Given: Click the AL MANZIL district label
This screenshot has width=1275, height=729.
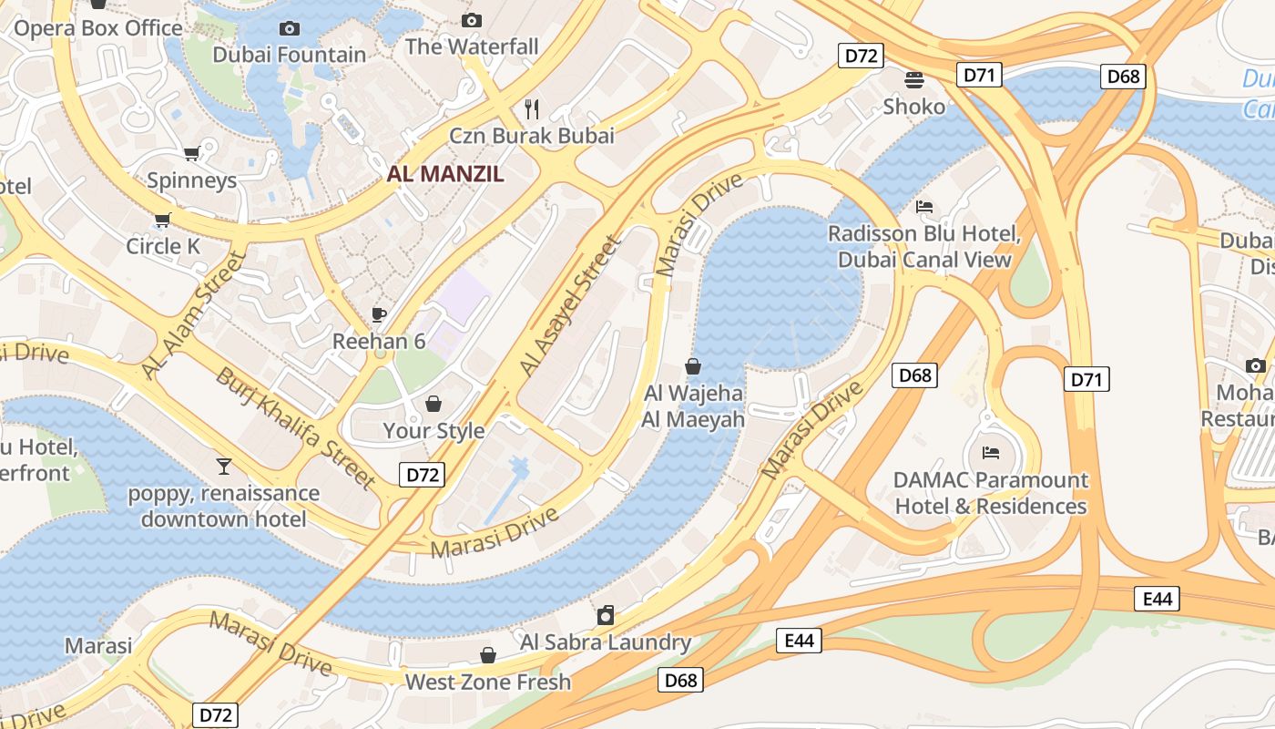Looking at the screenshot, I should point(445,174).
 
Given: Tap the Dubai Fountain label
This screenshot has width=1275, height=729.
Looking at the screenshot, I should point(289,55).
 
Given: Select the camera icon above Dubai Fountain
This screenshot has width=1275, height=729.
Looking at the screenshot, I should point(289,29).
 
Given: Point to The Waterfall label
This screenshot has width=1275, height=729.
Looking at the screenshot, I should point(472,46).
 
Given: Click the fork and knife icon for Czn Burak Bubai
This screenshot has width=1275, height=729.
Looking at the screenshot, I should point(532,109).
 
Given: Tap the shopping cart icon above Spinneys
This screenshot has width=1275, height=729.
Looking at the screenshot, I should point(191,154).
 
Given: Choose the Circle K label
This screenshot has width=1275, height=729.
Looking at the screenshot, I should point(163,246).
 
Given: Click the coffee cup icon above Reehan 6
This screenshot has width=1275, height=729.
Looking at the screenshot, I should point(379,315).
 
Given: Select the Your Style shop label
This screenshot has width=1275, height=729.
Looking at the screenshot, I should point(433,430).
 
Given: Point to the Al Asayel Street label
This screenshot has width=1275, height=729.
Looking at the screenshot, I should point(569,305).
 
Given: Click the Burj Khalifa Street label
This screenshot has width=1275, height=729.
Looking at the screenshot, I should point(295,426).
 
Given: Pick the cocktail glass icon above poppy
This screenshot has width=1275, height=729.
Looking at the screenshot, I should point(223,467).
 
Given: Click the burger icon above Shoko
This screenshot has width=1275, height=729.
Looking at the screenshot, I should point(914,80).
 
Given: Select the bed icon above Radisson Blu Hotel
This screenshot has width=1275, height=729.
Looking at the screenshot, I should point(924,207).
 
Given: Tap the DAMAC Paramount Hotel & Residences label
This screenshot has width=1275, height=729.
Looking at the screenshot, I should point(991,493).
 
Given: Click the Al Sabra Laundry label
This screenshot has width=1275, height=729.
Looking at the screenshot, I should point(606,642).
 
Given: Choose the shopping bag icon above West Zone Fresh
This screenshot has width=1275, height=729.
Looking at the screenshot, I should point(488,655).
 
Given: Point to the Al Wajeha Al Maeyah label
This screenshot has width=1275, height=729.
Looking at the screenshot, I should point(693,406).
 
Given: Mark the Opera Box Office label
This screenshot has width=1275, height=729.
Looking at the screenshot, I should point(98,28).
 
